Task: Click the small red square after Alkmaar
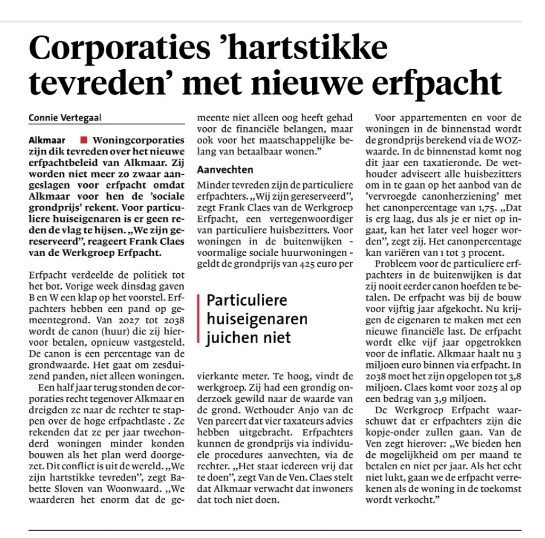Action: [83, 141]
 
